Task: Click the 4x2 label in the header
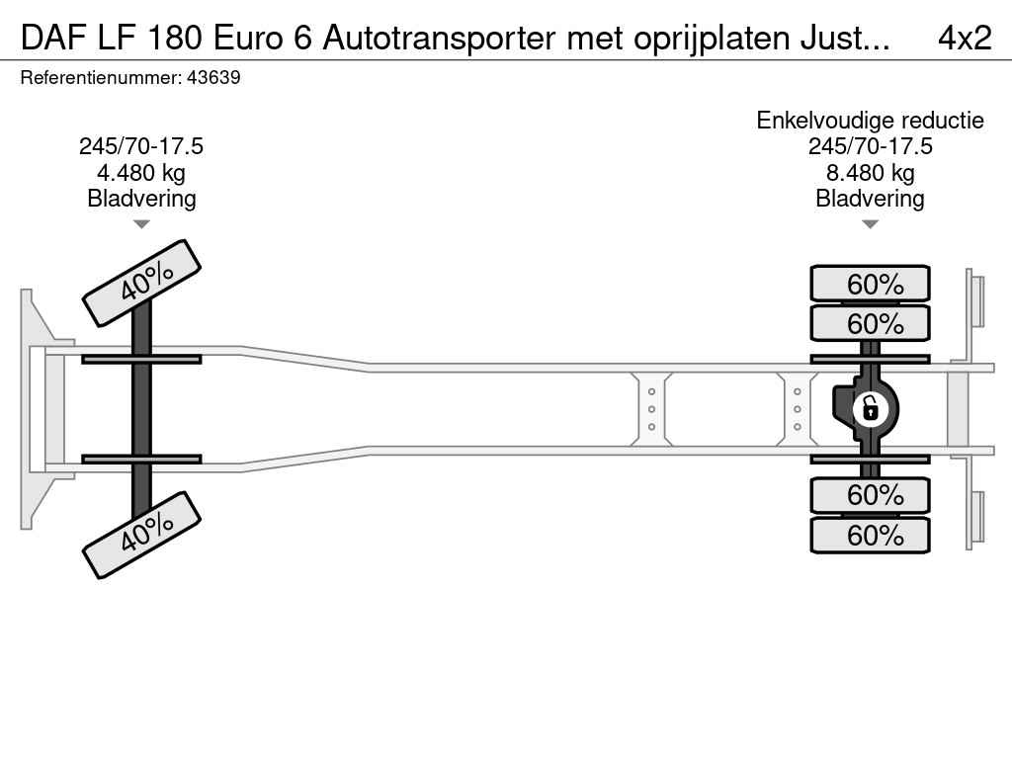964,38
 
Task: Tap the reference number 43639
212,78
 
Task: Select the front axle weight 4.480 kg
141,173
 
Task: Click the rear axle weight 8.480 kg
870,173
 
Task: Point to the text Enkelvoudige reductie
870,121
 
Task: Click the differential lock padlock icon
870,407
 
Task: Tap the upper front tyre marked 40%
141,283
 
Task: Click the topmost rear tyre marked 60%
870,284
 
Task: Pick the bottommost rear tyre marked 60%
870,536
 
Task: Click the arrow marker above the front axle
141,224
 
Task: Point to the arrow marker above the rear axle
870,224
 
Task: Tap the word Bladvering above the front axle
141,199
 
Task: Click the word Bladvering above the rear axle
870,199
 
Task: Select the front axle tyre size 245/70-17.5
141,146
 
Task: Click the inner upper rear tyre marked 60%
870,323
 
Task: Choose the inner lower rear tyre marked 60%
870,494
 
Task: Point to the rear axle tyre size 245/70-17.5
870,146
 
